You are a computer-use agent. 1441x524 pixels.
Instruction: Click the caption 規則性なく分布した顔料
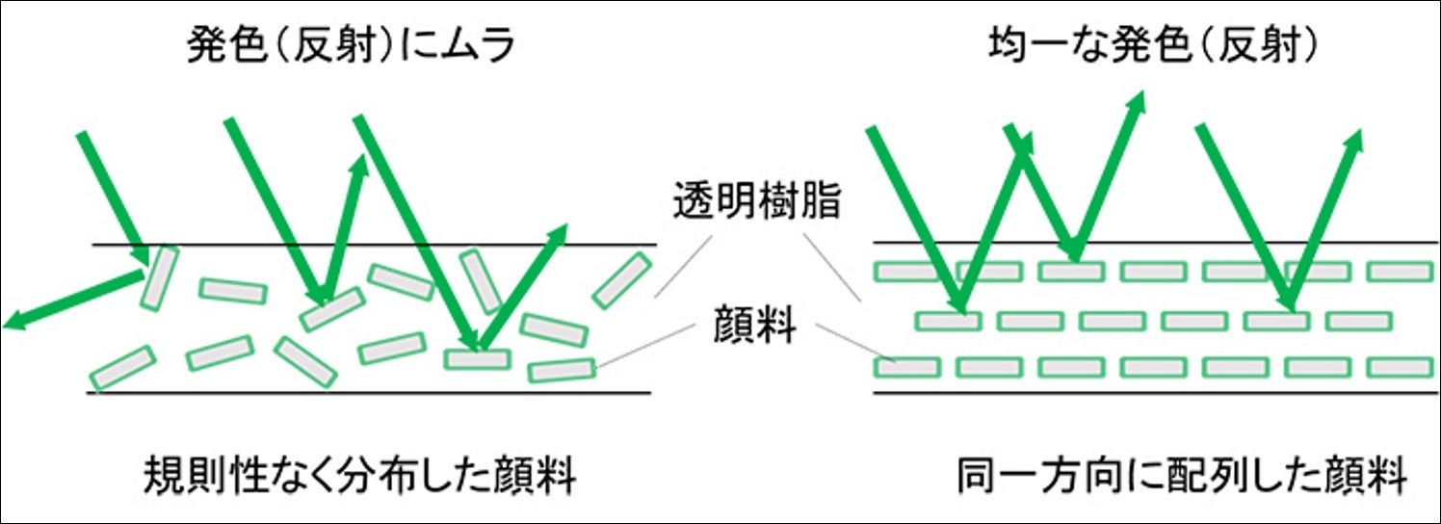359,476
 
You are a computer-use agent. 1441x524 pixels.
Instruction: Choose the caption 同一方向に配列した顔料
1182,476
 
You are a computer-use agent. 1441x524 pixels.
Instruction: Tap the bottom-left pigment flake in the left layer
122,367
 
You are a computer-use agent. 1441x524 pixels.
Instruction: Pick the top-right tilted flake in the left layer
621,280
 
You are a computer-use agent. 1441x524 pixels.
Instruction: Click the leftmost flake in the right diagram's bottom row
906,367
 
